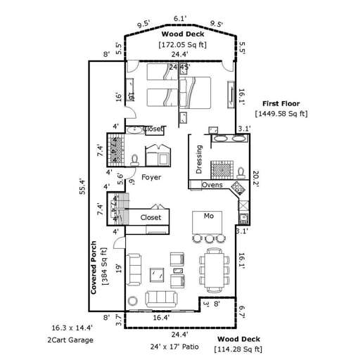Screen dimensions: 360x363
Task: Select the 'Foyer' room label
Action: [x=152, y=177]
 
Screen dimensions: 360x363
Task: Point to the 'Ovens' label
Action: [x=212, y=186]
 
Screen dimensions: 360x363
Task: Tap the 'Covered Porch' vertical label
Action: [x=94, y=267]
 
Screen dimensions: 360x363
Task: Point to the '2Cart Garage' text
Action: [x=70, y=340]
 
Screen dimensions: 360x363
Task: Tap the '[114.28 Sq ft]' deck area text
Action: [x=239, y=349]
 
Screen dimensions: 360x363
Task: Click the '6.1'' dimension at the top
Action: [x=179, y=19]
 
